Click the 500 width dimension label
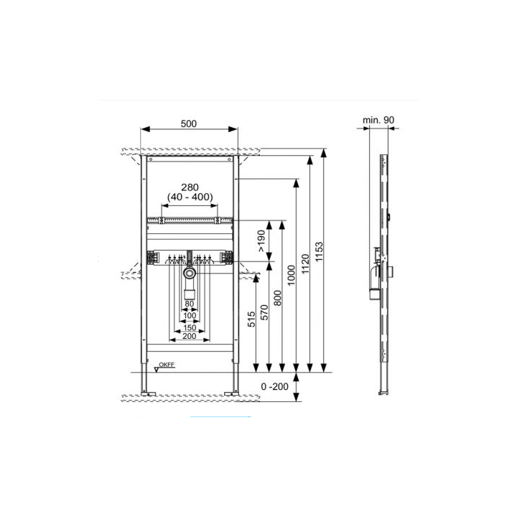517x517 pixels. click(x=189, y=124)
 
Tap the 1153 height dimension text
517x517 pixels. click(x=319, y=252)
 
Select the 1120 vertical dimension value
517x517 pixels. click(x=305, y=264)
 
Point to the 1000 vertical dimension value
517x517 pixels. click(x=292, y=275)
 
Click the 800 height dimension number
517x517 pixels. click(x=278, y=298)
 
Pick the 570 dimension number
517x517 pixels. click(x=264, y=312)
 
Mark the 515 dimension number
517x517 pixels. click(x=251, y=319)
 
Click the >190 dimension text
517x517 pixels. click(x=261, y=241)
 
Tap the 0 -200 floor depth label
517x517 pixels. click(x=274, y=386)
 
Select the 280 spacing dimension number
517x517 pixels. click(x=190, y=187)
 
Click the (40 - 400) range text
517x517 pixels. click(x=190, y=197)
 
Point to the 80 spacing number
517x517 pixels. click(x=190, y=304)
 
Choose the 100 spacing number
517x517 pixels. click(x=190, y=315)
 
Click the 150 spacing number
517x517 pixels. click(x=190, y=327)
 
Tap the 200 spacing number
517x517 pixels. click(x=190, y=336)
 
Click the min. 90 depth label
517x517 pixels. click(x=378, y=120)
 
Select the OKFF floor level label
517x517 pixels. click(x=167, y=365)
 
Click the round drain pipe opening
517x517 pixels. click(x=190, y=273)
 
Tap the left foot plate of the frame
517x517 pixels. click(x=148, y=393)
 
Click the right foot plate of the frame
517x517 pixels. click(x=231, y=393)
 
